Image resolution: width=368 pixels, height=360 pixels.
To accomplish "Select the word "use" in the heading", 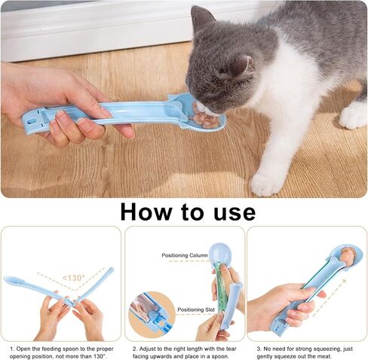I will pyautogui.click(x=230, y=212).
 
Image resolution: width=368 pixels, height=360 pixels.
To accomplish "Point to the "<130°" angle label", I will pyautogui.click(x=74, y=277).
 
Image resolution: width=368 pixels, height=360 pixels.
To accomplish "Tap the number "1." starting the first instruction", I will pyautogui.click(x=13, y=349).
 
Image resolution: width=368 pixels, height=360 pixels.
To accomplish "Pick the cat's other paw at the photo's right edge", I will pyautogui.click(x=354, y=115).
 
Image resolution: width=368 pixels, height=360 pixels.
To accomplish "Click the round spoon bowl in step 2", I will pyautogui.click(x=218, y=253).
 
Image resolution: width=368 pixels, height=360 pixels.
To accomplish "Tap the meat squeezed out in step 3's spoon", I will pyautogui.click(x=347, y=257).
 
